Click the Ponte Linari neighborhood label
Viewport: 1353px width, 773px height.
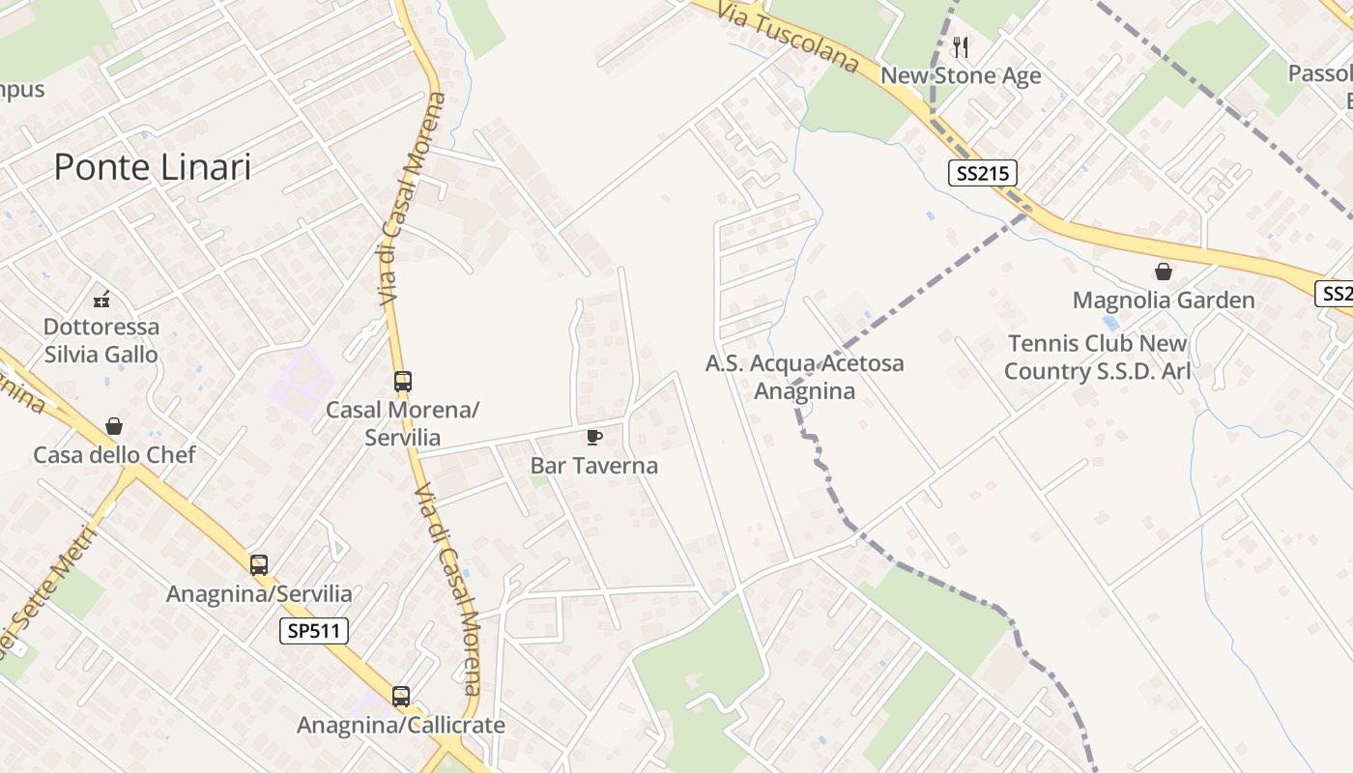[x=153, y=167]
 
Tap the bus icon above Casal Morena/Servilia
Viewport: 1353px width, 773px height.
[x=403, y=382]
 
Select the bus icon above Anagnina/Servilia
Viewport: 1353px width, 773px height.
[x=259, y=565]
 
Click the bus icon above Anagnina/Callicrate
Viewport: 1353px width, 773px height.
[x=401, y=696]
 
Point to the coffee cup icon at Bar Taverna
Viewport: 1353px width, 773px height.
[x=594, y=438]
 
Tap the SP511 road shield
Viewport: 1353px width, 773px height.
[x=314, y=632]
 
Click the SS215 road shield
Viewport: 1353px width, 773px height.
[x=982, y=174]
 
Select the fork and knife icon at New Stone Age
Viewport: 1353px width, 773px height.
[x=961, y=46]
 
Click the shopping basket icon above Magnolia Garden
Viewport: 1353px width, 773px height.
[x=1164, y=272]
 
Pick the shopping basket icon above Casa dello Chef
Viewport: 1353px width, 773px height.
[x=114, y=426]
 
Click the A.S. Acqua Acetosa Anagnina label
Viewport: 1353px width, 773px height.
[x=805, y=377]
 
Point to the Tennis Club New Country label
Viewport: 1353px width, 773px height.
[x=1097, y=358]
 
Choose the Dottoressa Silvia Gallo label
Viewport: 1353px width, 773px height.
[x=101, y=341]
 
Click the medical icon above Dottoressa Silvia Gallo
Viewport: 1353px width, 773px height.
[x=101, y=299]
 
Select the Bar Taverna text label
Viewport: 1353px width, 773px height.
[x=594, y=466]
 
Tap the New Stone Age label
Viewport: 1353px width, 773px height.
[x=962, y=75]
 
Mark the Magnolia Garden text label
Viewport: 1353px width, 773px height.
[x=1164, y=301]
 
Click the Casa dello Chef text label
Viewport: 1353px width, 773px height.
[x=114, y=455]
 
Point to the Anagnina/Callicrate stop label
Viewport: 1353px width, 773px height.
[x=401, y=725]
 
